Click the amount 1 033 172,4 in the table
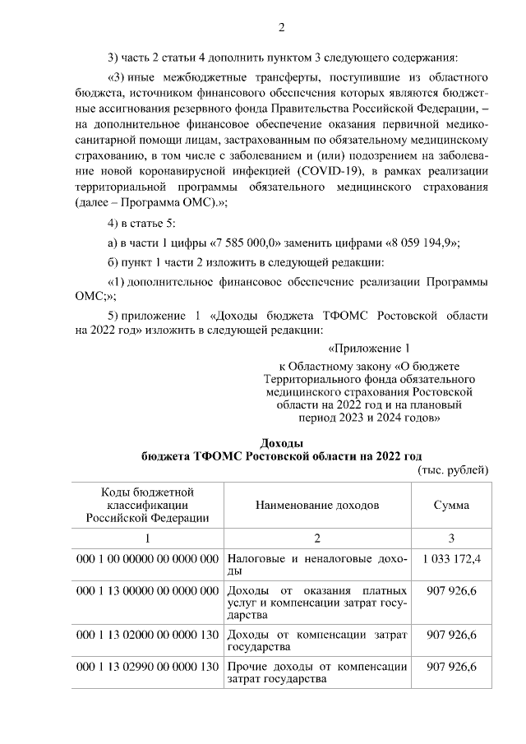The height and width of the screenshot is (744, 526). [451, 558]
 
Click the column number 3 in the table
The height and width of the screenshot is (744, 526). [451, 537]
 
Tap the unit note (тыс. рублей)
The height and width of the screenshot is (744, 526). [454, 469]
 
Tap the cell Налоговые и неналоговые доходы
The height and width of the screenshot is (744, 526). [316, 564]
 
